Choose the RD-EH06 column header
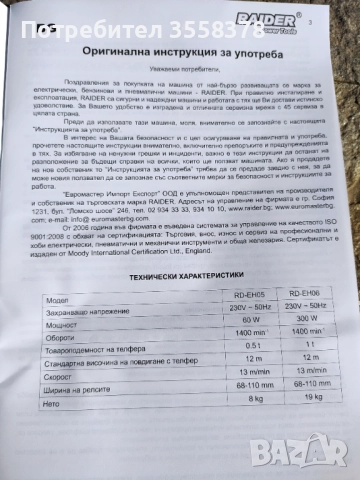(307, 294)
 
